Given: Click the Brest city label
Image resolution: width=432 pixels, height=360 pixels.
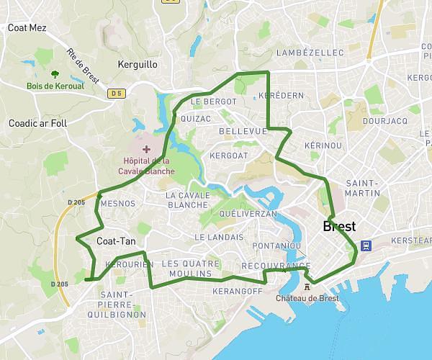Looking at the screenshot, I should click(x=340, y=226).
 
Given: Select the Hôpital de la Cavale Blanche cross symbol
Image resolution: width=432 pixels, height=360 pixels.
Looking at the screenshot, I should click(x=147, y=148).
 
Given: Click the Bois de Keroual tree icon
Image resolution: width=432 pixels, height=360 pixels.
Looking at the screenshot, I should click(x=55, y=73).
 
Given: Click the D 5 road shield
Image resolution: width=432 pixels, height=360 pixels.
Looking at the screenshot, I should click(x=116, y=93).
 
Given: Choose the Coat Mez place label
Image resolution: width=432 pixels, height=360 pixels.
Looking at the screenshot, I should click(x=27, y=28).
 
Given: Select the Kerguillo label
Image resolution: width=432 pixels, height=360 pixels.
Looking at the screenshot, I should click(x=137, y=65).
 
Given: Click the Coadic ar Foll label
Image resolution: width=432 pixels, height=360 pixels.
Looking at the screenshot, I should click(x=37, y=123).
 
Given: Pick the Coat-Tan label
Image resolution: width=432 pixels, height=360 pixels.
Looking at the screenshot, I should click(x=116, y=241).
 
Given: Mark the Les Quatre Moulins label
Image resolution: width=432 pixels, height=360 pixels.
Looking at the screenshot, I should click(x=187, y=269).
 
